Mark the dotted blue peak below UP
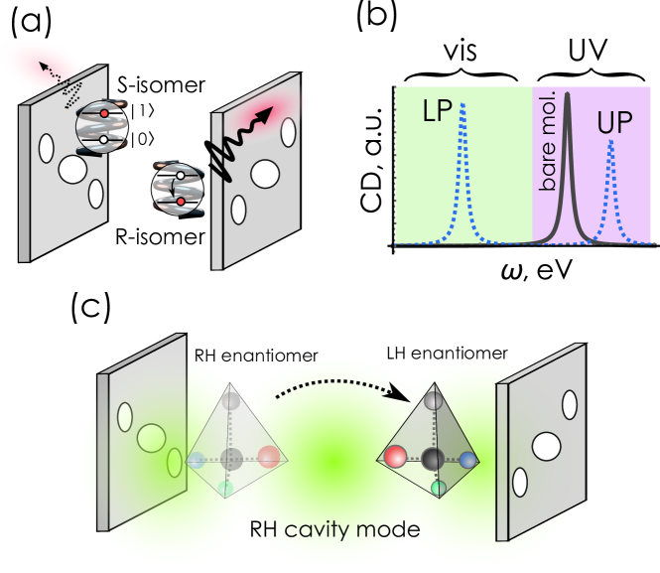610,145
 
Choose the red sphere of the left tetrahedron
269,458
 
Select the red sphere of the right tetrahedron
393,457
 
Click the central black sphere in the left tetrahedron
231,459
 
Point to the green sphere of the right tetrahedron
436,490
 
